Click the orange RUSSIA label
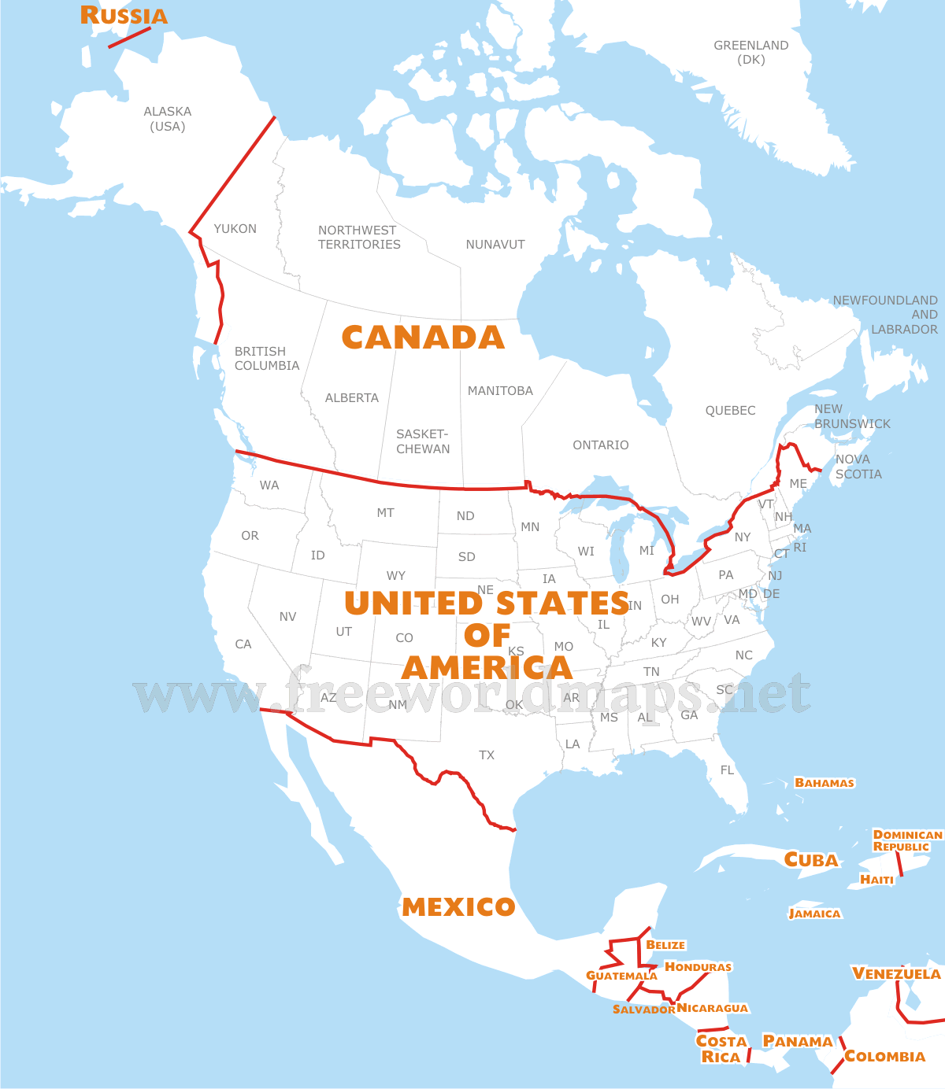[x=124, y=16]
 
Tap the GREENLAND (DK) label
[x=750, y=53]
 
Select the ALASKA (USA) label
[x=168, y=119]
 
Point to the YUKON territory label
[x=235, y=229]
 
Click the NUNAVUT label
[x=495, y=245]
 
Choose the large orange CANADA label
[x=423, y=338]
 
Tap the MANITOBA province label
[x=500, y=391]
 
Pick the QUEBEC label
[x=730, y=411]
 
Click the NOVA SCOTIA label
[x=858, y=467]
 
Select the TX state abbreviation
[x=487, y=755]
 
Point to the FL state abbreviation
[x=727, y=770]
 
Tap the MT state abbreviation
[x=385, y=513]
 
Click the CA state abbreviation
[x=243, y=644]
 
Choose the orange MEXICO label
[x=458, y=907]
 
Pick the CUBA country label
[x=811, y=860]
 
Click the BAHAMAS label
[x=825, y=783]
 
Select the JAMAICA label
[x=814, y=914]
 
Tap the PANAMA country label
[x=798, y=1042]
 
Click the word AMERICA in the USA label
[x=487, y=668]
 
